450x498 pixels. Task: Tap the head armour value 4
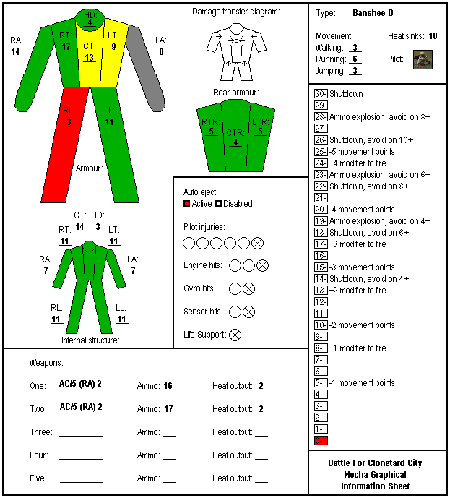[90, 22]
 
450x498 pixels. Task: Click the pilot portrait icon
[423, 59]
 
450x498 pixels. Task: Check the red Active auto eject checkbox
[186, 204]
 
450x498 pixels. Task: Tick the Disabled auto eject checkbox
[218, 204]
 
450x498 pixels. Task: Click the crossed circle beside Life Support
[235, 335]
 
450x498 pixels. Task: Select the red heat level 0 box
[321, 440]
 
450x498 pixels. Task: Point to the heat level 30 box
[321, 94]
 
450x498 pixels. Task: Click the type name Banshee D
[373, 13]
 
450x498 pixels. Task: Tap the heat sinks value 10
[433, 36]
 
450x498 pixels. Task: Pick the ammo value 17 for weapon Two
[168, 409]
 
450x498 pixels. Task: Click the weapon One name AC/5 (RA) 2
[80, 384]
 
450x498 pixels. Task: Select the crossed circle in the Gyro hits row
[248, 288]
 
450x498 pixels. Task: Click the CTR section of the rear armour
[235, 136]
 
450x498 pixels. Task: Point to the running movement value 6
[355, 59]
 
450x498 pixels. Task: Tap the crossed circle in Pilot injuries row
[257, 244]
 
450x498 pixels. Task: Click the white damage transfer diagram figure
[236, 52]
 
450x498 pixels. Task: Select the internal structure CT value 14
[79, 227]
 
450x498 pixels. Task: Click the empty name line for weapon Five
[82, 482]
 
